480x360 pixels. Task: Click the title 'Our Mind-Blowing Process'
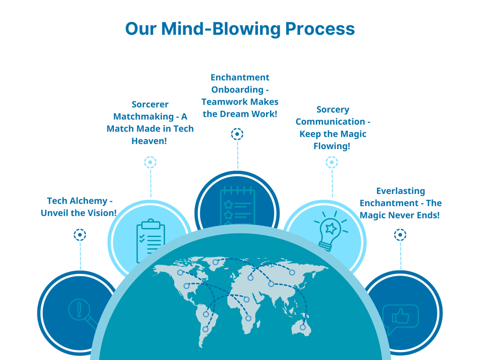coord(240,29)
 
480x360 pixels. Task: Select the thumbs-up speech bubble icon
coord(400,317)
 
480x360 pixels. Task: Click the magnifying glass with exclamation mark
coord(82,312)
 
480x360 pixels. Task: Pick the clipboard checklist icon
coord(150,240)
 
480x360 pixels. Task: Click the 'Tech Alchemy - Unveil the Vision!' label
coord(79,207)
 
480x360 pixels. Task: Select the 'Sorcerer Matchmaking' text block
coord(150,122)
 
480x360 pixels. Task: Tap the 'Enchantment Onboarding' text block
coord(240,96)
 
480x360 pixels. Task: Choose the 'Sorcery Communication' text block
coord(332,128)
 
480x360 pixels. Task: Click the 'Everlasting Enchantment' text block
coord(400,203)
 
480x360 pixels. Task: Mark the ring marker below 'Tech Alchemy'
coord(80,234)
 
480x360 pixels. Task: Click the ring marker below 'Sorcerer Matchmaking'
coord(150,162)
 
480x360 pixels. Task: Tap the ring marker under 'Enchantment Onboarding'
coord(237,135)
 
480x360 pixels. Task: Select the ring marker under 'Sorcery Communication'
coord(331,162)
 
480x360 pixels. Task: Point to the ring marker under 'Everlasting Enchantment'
coord(400,234)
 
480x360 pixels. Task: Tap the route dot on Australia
coord(303,327)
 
